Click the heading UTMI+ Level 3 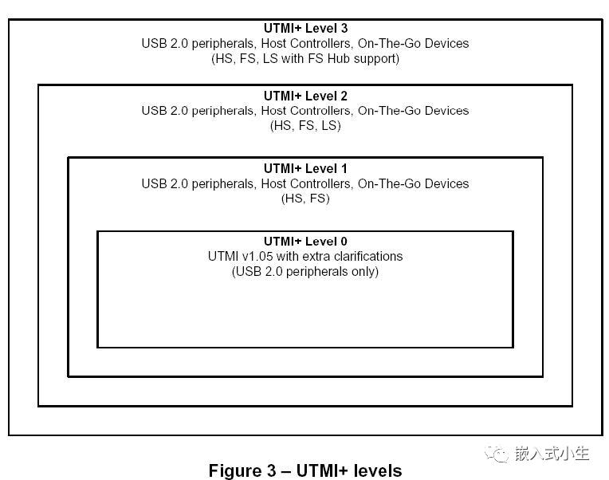point(305,28)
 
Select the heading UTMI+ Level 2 point(305,96)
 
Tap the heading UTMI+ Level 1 point(305,168)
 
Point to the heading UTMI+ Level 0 point(305,241)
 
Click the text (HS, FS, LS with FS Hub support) point(305,59)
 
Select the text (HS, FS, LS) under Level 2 point(305,126)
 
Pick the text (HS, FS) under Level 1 point(305,199)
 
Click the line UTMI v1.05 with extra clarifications point(305,256)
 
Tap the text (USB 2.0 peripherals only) point(305,271)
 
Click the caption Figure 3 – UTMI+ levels point(305,470)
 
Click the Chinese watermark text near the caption point(552,453)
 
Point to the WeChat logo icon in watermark point(497,454)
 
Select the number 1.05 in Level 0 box point(260,256)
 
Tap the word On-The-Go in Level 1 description point(390,183)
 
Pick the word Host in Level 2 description point(274,111)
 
